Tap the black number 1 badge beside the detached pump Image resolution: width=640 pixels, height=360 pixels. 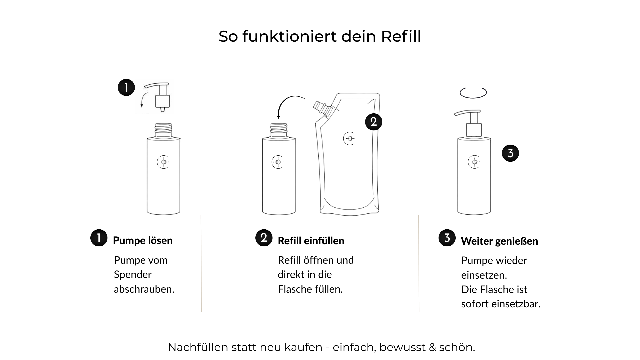tap(126, 88)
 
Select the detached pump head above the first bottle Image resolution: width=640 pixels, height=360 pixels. tap(158, 97)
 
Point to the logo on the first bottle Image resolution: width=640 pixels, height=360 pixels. tap(163, 162)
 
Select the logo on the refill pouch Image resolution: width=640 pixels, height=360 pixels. tap(349, 139)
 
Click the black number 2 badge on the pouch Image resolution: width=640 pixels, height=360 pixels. tap(374, 122)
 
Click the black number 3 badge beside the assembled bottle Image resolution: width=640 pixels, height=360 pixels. tap(510, 153)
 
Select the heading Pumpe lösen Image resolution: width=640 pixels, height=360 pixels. tap(143, 240)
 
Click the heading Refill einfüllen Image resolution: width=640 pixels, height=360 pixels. tap(311, 241)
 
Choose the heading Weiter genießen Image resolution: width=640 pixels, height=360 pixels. tap(499, 241)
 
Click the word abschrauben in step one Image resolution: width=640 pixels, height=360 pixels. tap(144, 289)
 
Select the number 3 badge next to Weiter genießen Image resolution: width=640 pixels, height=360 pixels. tap(447, 238)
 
